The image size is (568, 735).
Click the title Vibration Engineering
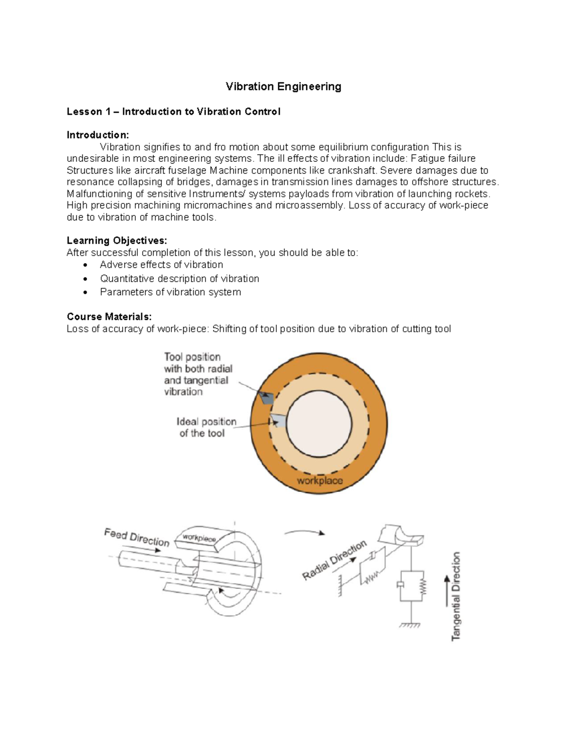click(x=283, y=87)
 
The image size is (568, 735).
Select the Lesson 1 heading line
click(x=173, y=112)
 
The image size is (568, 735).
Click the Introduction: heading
click(x=98, y=135)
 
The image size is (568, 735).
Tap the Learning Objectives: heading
click(x=116, y=240)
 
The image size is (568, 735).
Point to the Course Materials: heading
click(x=109, y=317)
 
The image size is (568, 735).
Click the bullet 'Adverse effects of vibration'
click(x=161, y=265)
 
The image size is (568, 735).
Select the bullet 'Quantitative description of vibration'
click(x=179, y=278)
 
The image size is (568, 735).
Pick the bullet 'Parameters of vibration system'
click(x=170, y=292)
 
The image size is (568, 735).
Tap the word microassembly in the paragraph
click(x=309, y=205)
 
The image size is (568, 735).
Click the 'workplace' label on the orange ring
click(x=319, y=481)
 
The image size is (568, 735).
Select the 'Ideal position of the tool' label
click(x=206, y=427)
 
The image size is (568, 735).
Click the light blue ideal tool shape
click(x=278, y=420)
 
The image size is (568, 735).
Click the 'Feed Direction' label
click(x=136, y=538)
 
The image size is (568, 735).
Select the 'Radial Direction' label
click(x=334, y=560)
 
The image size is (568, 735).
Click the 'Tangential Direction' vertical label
click(x=455, y=596)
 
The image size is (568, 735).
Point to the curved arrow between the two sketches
click(x=304, y=532)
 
